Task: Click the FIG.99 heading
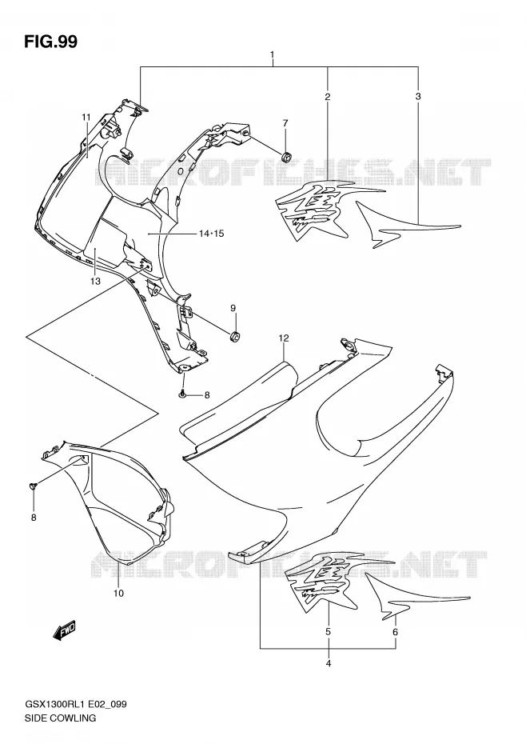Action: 50,42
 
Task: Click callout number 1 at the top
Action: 273,55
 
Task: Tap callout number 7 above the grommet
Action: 285,123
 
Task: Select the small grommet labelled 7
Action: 286,156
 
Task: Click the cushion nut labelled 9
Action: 235,338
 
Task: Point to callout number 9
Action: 233,309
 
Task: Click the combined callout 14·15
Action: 212,234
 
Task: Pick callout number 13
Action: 95,282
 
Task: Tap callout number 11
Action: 86,117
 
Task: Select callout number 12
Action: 284,338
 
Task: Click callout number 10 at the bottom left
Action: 118,593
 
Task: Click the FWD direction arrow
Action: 64,630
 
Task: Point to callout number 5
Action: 329,632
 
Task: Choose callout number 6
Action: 395,632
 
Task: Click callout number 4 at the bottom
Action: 329,663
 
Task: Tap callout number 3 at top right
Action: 418,96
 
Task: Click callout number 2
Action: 327,97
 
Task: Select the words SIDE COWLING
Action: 60,718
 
